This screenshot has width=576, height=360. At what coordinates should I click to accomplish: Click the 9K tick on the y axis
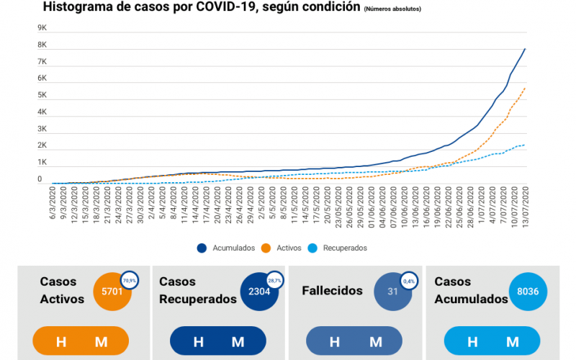coord(42,28)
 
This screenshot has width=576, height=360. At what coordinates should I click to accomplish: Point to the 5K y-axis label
coord(42,95)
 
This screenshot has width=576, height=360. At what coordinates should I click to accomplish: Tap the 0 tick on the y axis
coord(40,179)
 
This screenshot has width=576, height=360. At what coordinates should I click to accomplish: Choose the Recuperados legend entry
coord(344,248)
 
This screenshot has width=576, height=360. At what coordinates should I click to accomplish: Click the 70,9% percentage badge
coord(130,280)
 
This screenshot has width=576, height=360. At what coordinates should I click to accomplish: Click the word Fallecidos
coord(332,290)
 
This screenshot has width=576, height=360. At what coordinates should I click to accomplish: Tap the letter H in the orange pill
coord(61,341)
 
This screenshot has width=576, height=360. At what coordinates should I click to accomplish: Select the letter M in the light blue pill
coord(513,341)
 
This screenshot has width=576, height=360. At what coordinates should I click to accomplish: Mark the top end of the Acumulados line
coord(525,49)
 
